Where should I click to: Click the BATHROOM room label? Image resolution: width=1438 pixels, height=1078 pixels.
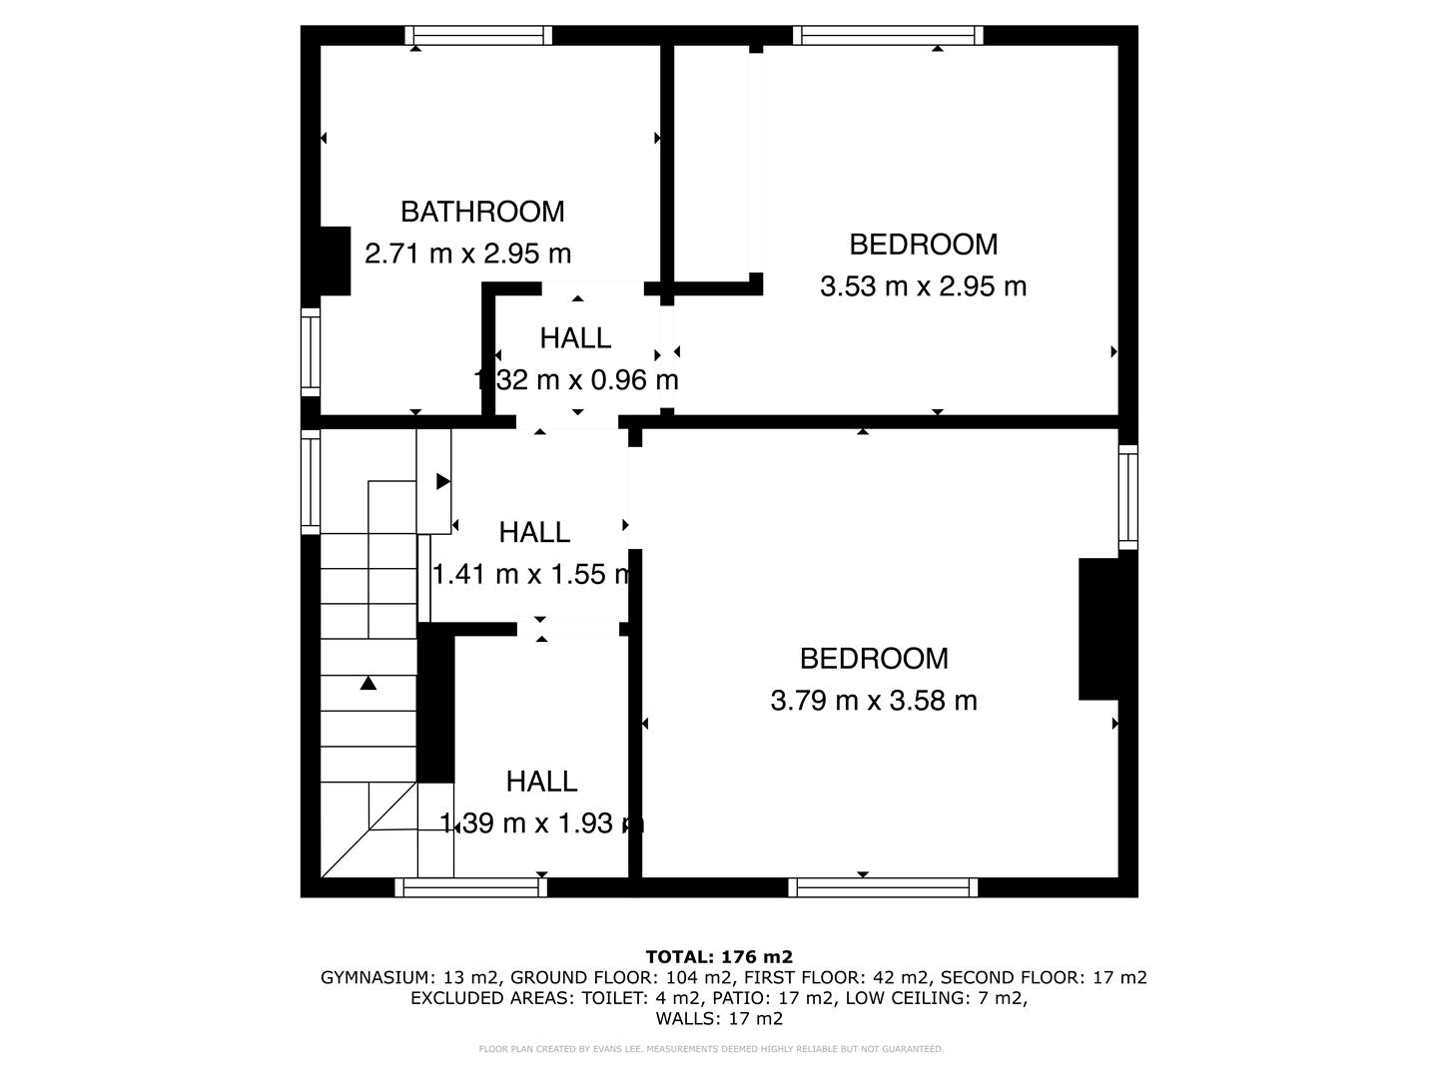482,212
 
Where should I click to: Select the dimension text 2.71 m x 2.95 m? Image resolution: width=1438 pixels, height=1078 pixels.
468,254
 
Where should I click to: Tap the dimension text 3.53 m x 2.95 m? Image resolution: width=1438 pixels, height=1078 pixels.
923,286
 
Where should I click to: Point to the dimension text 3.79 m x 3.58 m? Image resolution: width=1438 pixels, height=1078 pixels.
874,701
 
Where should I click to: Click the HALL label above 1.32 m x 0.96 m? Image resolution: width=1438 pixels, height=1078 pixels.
575,338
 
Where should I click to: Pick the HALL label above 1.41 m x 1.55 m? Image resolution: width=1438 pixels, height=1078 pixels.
534,532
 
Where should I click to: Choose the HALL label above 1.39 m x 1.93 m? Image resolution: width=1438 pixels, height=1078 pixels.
541,782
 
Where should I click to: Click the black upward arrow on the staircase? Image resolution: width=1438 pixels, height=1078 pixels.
368,683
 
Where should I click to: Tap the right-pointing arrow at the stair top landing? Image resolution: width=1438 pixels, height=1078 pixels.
443,482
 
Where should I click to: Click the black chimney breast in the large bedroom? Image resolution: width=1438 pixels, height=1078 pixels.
1098,629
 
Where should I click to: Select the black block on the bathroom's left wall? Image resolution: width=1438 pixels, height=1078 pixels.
334,262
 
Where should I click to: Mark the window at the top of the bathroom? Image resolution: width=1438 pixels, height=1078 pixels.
478,36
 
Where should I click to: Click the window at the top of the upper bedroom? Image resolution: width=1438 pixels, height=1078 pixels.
888,36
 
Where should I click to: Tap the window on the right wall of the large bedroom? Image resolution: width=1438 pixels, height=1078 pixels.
1127,496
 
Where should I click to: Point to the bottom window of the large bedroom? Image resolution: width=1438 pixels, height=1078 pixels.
883,887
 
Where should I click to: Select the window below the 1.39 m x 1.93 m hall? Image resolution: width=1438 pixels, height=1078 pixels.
471,887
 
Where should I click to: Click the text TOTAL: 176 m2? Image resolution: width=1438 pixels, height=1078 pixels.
719,956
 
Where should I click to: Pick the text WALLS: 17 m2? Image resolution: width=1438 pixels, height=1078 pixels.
719,1019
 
